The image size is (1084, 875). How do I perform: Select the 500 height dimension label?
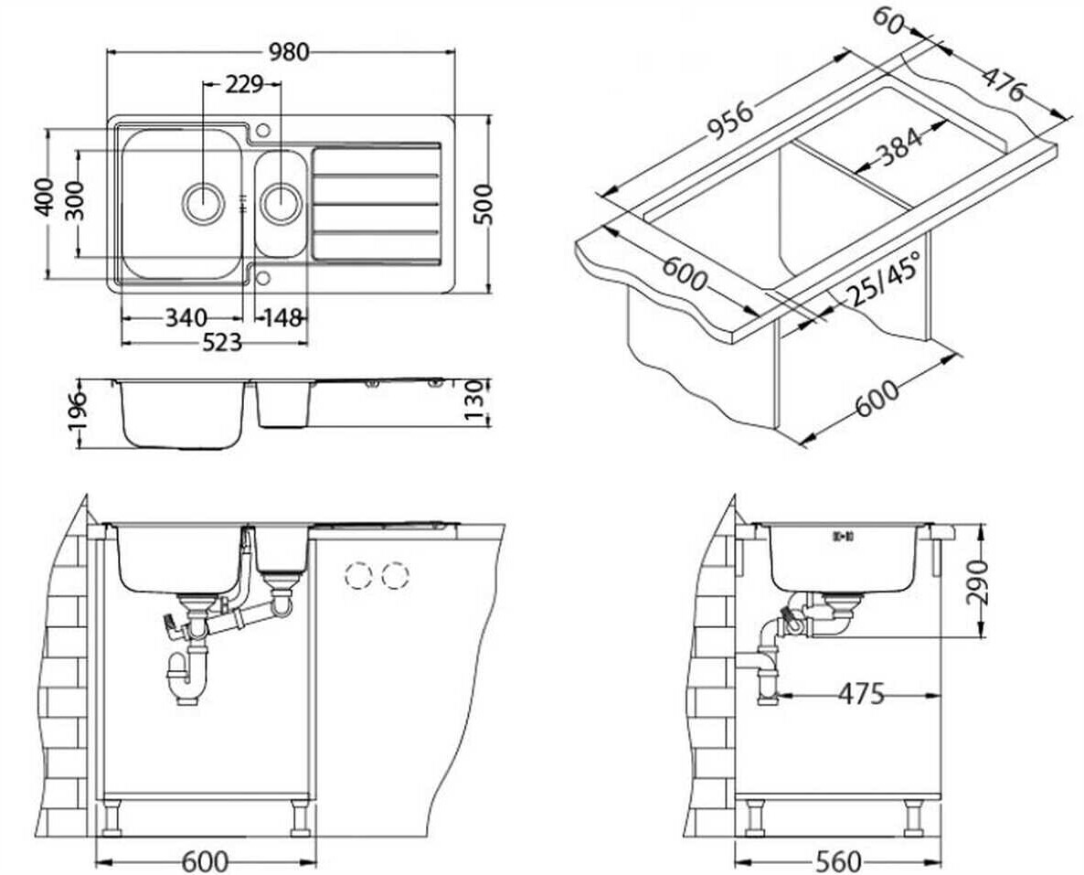tap(484, 204)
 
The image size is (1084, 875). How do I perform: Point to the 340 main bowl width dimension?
tap(185, 318)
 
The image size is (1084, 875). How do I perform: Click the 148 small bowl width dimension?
tap(282, 318)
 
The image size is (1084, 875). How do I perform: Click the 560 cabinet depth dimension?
tap(837, 860)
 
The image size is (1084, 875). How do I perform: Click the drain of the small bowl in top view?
tap(281, 201)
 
